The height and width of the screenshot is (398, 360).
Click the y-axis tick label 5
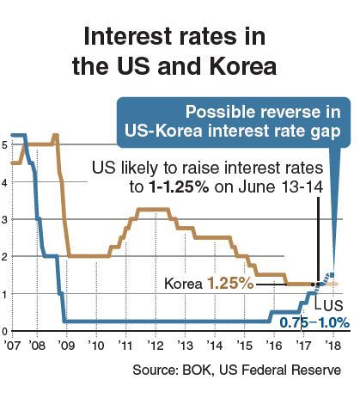tap(6, 144)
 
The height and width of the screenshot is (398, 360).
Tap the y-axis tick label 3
tap(6, 218)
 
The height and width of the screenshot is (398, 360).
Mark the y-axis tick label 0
tap(6, 330)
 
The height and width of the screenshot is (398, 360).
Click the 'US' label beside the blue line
tap(330, 304)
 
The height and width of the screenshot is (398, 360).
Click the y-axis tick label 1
tap(6, 293)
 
